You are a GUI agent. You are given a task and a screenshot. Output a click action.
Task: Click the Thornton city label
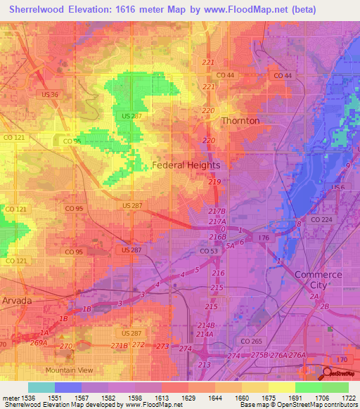[240, 121]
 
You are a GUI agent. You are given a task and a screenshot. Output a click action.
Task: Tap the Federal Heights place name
[186, 165]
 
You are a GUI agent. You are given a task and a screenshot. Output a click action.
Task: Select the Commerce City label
[318, 279]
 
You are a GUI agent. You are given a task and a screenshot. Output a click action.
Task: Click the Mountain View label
[69, 370]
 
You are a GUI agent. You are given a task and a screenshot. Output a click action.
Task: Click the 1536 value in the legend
[27, 398]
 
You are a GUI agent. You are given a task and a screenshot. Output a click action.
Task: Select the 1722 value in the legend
[347, 398]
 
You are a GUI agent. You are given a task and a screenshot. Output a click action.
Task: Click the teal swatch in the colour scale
[41, 387]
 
